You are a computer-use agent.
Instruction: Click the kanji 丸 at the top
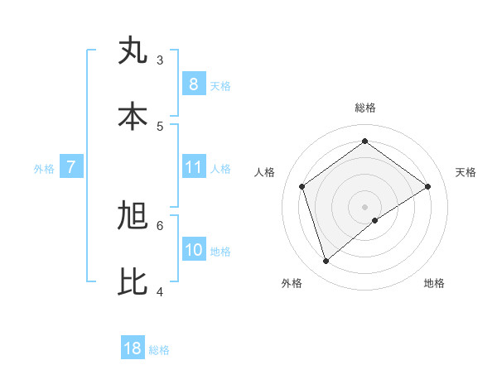[133, 50]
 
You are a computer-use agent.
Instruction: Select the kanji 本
[133, 117]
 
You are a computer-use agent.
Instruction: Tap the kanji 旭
[133, 216]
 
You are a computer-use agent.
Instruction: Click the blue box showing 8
[193, 84]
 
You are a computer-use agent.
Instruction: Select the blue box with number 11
[193, 167]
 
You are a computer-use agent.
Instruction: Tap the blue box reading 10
[193, 250]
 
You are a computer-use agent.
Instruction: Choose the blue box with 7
[71, 167]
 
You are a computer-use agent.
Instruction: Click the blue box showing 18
[133, 348]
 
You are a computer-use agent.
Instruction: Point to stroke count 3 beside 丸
[160, 60]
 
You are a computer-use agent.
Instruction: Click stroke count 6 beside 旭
[160, 225]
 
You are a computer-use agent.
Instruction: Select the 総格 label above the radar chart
[365, 108]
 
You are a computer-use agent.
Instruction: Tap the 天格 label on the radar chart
[466, 172]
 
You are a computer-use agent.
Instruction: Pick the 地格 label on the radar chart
[434, 283]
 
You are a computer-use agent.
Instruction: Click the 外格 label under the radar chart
[292, 283]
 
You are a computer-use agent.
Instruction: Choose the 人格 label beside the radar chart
[264, 172]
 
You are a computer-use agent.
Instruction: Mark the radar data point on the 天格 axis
[427, 186]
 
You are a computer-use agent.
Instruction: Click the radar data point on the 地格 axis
[375, 220]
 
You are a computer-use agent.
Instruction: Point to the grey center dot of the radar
[365, 206]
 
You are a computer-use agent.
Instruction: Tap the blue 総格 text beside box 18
[159, 350]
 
